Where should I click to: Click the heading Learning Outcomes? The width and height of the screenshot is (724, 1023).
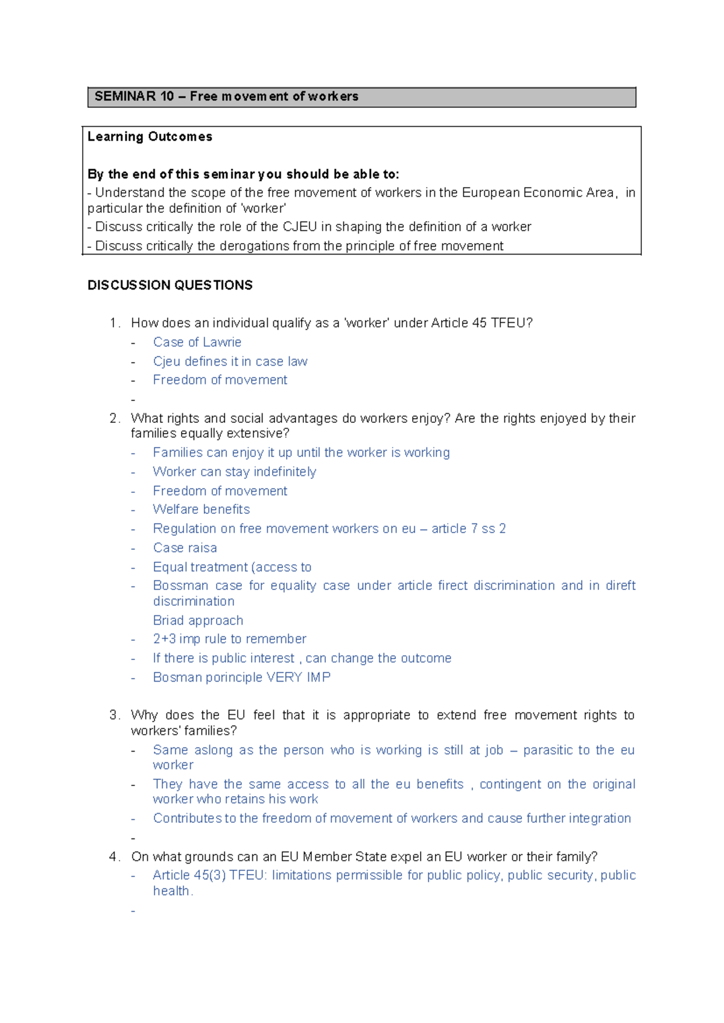point(150,137)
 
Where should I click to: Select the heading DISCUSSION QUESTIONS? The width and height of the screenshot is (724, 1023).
point(170,285)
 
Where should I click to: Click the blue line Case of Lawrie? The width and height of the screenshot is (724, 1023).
point(197,343)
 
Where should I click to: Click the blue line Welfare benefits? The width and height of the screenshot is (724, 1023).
point(201,510)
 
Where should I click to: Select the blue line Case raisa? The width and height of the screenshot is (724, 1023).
point(185,548)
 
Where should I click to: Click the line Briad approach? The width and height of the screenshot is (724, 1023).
point(198,621)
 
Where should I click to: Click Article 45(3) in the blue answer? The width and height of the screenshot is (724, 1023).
point(189,875)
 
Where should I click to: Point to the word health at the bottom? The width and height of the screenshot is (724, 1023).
point(171,891)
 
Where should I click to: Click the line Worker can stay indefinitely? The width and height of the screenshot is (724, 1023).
point(234,472)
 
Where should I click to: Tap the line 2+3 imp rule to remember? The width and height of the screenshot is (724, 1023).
point(229,639)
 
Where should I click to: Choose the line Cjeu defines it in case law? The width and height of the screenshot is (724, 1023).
point(230,362)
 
